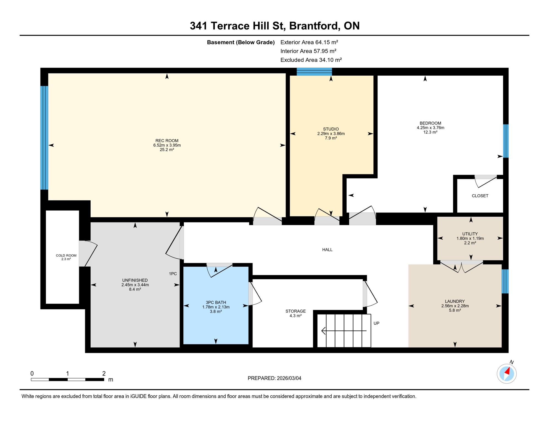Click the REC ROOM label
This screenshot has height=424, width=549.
point(167,141)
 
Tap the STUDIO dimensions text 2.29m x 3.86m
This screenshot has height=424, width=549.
point(331,134)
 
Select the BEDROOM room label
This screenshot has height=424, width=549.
point(430,123)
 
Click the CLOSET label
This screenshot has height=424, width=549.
point(480,196)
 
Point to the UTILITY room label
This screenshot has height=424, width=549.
point(470,234)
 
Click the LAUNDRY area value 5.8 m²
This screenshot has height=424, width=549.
point(455,310)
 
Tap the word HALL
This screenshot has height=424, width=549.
point(327,250)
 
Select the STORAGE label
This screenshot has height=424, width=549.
point(295,311)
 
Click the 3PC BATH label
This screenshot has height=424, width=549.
point(216,302)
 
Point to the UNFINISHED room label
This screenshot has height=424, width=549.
point(135,280)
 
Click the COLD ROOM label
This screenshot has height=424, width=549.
point(66,255)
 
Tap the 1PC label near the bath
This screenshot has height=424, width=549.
point(173,274)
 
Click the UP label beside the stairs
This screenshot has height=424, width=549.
point(376,323)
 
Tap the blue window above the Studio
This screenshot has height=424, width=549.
point(314,71)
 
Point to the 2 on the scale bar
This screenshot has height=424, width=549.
point(104,373)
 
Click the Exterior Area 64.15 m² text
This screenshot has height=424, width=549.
point(309,42)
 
